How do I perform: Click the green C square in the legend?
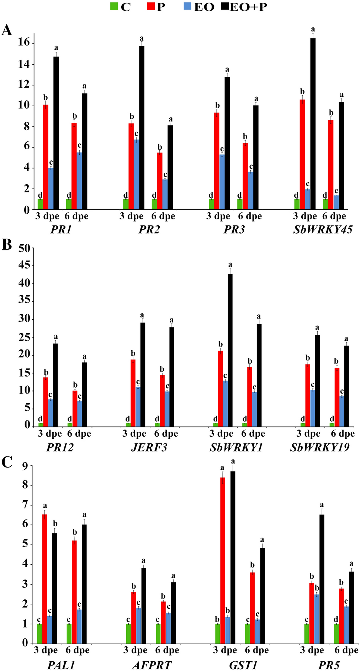[x=114, y=7]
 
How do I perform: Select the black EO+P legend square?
[x=223, y=7]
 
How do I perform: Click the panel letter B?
[x=7, y=245]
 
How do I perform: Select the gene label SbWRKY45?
[x=323, y=230]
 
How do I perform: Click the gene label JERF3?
[x=149, y=447]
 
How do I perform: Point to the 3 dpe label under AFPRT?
[x=135, y=651]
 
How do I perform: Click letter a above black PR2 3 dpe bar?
[x=142, y=38]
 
